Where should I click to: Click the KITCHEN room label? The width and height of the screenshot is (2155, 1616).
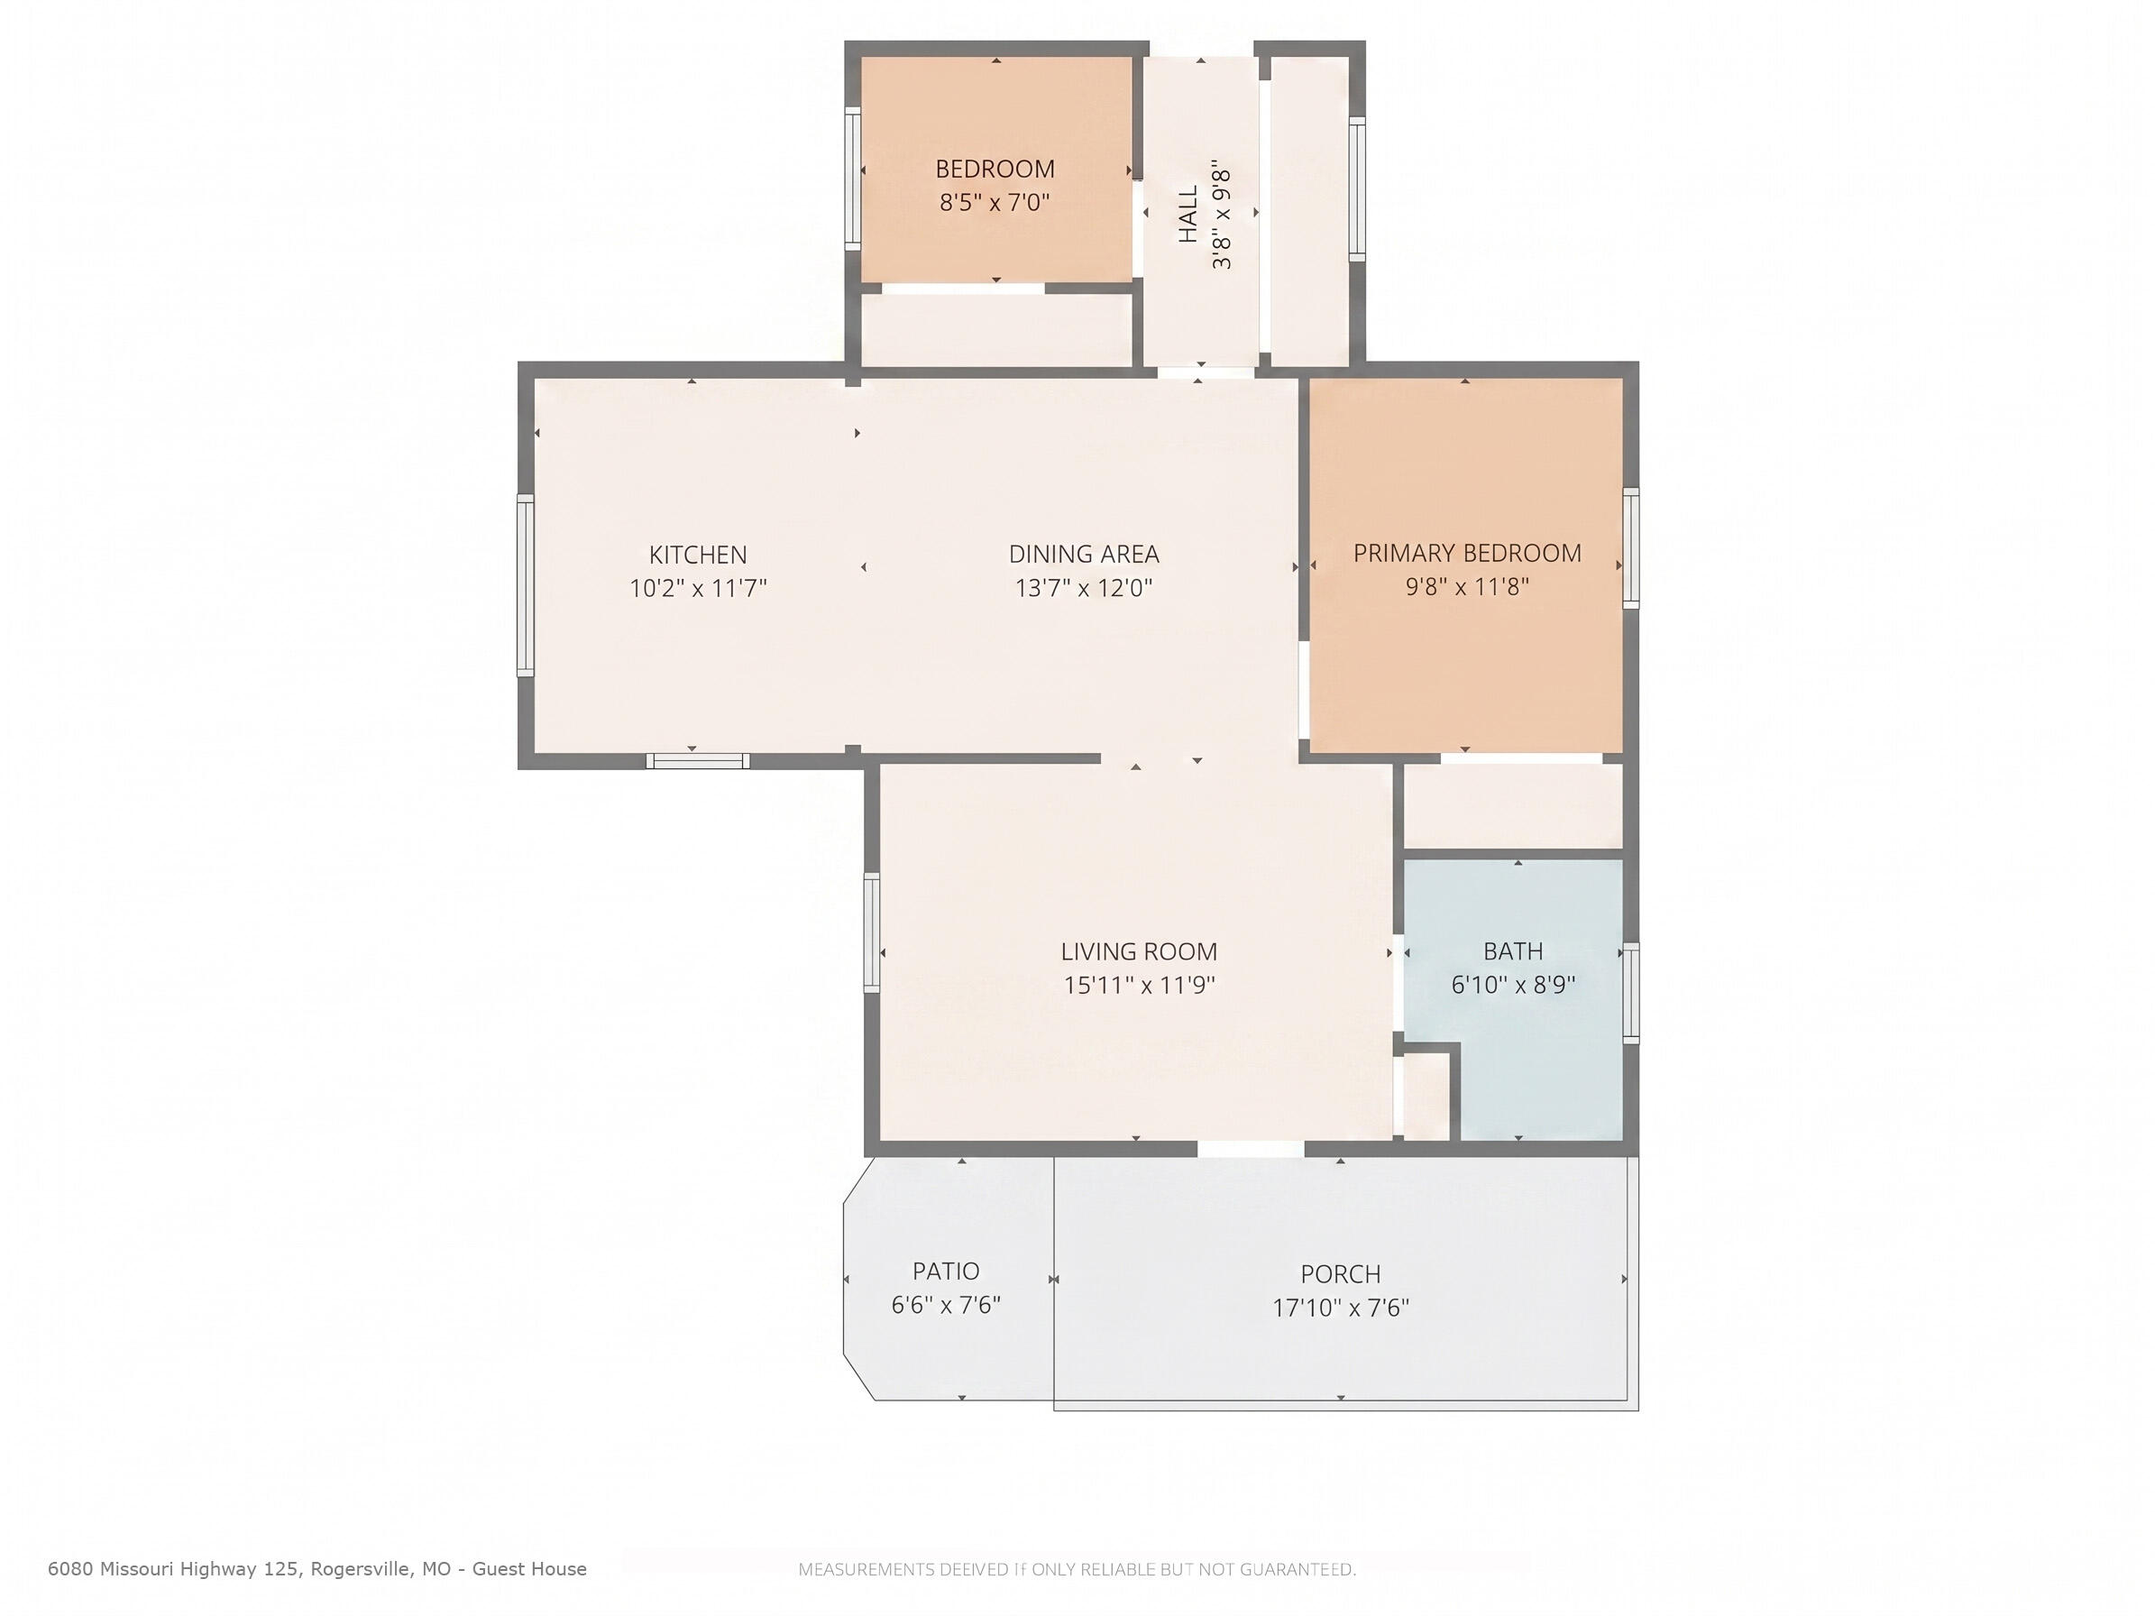pyautogui.click(x=698, y=555)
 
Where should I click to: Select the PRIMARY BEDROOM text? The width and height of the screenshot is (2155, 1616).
pyautogui.click(x=1467, y=554)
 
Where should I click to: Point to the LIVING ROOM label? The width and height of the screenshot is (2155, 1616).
pyautogui.click(x=1139, y=951)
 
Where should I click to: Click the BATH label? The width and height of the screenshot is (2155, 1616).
pyautogui.click(x=1513, y=950)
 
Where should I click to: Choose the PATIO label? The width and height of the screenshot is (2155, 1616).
pyautogui.click(x=946, y=1272)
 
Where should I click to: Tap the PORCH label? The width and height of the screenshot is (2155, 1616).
pyautogui.click(x=1341, y=1274)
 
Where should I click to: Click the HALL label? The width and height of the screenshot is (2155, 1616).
pyautogui.click(x=1188, y=215)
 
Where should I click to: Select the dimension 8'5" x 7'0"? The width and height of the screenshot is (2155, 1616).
pyautogui.click(x=995, y=203)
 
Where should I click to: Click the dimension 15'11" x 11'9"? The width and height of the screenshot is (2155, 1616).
pyautogui.click(x=1139, y=985)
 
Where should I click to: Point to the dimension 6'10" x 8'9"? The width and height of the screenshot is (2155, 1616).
pyautogui.click(x=1513, y=985)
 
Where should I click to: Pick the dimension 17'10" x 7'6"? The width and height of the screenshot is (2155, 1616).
pyautogui.click(x=1341, y=1308)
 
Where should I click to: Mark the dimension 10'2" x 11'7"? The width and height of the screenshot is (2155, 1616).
pyautogui.click(x=698, y=588)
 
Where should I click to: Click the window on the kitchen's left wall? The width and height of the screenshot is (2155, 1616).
pyautogui.click(x=525, y=584)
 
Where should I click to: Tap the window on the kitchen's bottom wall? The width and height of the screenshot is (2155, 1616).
pyautogui.click(x=698, y=761)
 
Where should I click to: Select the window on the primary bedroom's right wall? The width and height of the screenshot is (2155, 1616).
pyautogui.click(x=1631, y=549)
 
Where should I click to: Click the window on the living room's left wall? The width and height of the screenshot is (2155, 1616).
pyautogui.click(x=872, y=933)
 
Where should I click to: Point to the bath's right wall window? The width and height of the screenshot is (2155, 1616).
pyautogui.click(x=1631, y=993)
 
